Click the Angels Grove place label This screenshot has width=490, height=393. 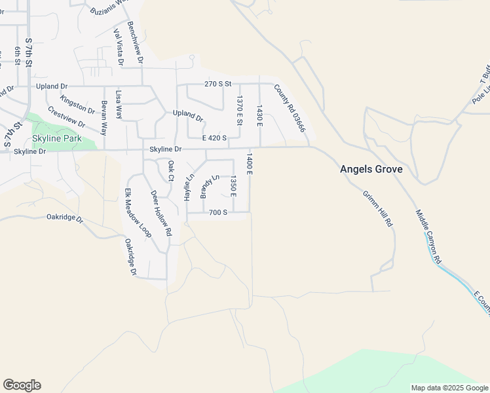371,169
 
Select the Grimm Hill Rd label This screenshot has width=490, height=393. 377,208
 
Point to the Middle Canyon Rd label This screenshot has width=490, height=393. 428,237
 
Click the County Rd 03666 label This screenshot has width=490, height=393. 290,109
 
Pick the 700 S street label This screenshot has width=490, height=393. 218,212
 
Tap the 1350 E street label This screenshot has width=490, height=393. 233,185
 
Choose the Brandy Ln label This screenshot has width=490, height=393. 209,186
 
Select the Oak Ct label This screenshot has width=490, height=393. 171,170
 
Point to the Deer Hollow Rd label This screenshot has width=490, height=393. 160,213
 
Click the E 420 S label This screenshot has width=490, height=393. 214,138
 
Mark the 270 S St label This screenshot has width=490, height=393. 218,84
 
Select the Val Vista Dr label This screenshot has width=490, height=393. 119,47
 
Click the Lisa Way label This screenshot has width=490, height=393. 119,104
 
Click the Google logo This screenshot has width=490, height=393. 22,385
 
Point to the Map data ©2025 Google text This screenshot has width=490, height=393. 449,388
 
